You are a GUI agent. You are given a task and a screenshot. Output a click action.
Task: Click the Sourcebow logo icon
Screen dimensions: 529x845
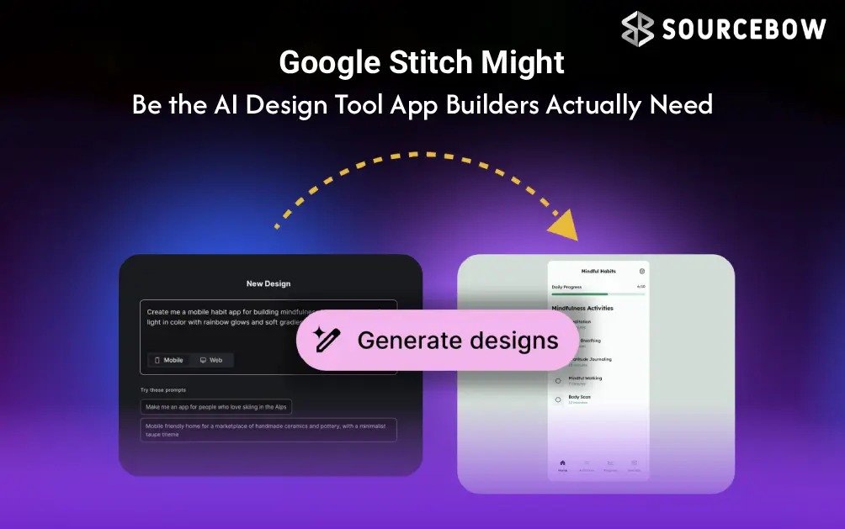637,29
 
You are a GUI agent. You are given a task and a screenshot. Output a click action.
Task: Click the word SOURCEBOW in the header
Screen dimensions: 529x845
743,29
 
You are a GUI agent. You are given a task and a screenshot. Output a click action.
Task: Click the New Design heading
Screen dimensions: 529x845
268,283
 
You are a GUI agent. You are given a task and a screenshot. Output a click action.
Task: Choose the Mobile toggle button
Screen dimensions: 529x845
168,360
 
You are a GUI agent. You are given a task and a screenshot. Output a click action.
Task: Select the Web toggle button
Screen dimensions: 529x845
211,360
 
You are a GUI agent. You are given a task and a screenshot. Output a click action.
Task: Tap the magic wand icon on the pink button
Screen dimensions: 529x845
327,341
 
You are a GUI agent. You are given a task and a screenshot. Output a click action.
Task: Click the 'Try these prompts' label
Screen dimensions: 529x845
163,390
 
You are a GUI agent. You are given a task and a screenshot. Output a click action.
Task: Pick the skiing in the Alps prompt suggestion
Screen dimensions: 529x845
217,407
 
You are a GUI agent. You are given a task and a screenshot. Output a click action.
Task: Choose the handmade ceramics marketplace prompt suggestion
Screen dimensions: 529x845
268,430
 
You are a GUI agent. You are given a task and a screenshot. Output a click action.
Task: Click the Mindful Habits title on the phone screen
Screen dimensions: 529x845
598,271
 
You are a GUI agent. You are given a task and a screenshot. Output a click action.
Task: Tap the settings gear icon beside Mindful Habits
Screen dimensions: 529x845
642,271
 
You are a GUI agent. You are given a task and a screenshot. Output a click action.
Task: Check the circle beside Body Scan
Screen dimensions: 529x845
557,399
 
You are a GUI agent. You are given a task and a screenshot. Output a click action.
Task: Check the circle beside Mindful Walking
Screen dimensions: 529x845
557,380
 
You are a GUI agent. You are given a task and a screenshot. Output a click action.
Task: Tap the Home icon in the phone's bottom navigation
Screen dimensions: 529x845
562,463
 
